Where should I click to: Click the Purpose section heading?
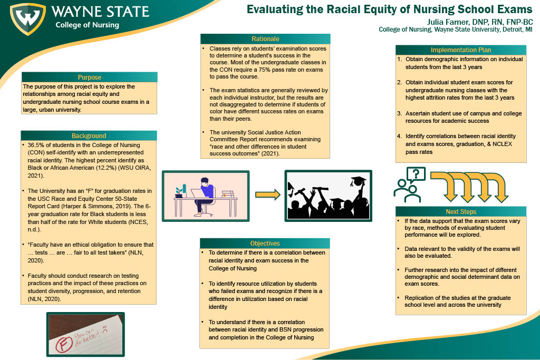point(89,77)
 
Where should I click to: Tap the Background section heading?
point(89,135)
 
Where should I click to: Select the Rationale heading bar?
point(265,38)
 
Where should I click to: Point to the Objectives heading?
point(265,243)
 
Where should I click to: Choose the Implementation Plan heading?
point(461,50)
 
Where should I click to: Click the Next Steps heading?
point(461,211)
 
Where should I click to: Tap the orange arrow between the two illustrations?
point(267,194)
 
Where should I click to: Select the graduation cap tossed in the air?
point(358,181)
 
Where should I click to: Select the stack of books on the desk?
point(228,193)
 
